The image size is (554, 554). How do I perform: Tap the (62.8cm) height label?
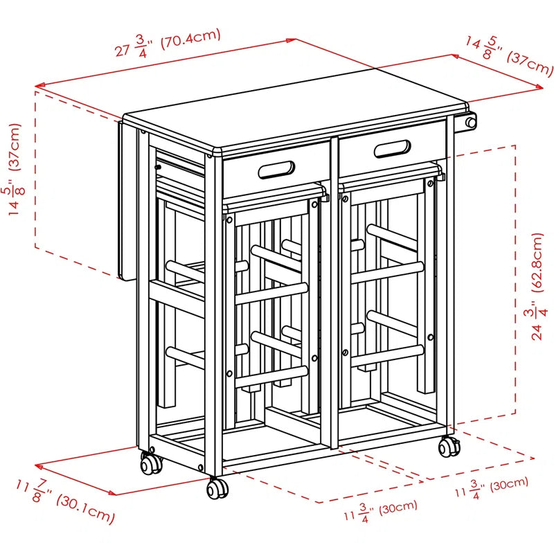coord(537,262)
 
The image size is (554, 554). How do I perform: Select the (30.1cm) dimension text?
coord(86,509)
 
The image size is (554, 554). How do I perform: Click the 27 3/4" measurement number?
coord(134,47)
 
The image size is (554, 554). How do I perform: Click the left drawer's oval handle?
coord(276,170)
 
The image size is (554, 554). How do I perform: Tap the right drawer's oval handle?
coord(392,149)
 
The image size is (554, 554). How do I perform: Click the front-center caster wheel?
coord(217,488)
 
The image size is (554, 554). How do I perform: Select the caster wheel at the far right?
coord(449,447)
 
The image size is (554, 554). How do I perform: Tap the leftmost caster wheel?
coord(151,463)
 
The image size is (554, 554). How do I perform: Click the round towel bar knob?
coord(470,123)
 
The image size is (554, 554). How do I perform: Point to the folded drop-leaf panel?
coord(127,201)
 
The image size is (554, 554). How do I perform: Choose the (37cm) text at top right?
coord(529,64)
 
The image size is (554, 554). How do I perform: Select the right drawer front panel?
coord(392,149)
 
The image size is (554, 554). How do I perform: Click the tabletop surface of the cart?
coord(296,109)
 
